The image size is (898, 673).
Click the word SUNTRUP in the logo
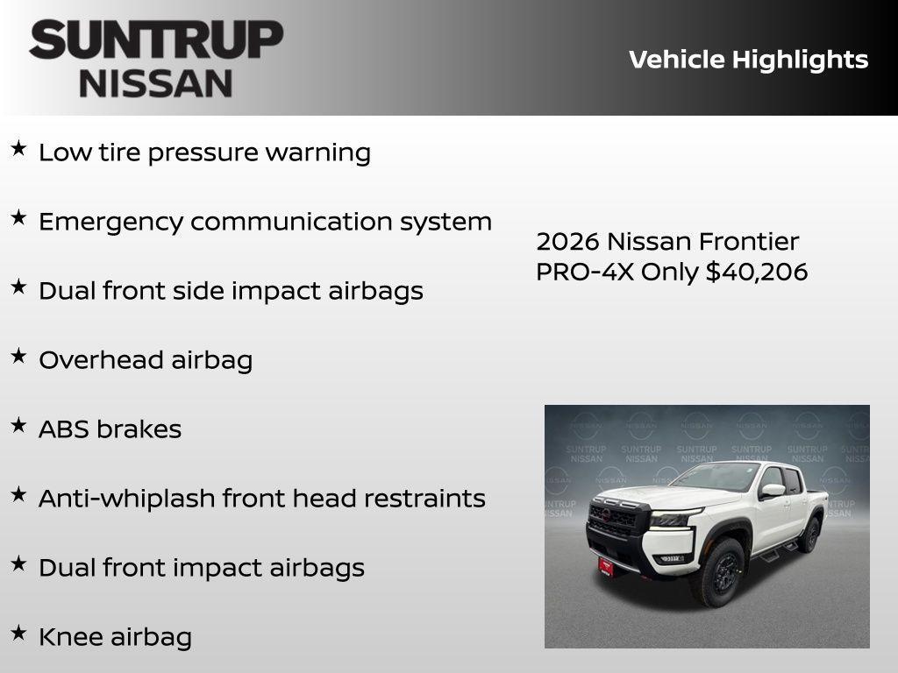[156, 40]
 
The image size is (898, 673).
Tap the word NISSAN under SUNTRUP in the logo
[156, 83]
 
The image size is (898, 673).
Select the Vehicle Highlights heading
[748, 60]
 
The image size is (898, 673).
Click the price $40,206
[757, 272]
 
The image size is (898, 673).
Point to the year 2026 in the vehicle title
[568, 241]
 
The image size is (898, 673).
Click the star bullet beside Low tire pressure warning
[18, 149]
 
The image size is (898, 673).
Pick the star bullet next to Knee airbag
[18, 633]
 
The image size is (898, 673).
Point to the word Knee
[66, 637]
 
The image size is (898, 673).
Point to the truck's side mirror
[771, 491]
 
